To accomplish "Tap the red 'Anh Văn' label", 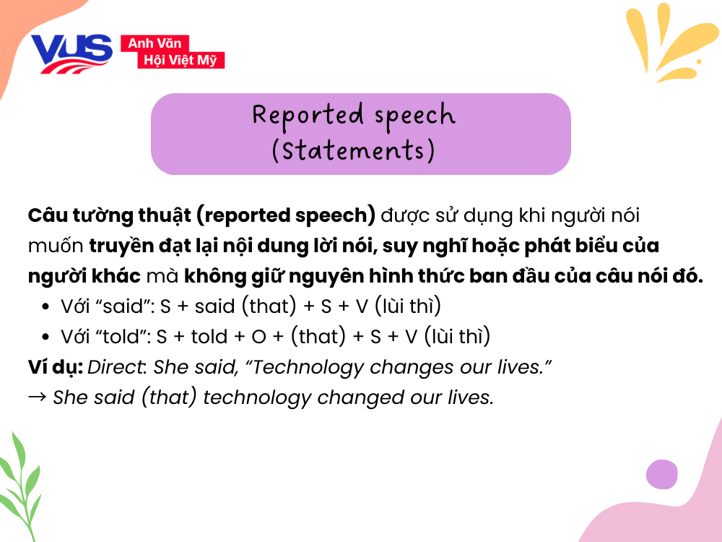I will point(155,43).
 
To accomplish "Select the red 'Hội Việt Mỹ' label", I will point(180,60).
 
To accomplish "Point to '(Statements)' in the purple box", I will point(353,151).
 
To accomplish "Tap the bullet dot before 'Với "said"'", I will point(45,307).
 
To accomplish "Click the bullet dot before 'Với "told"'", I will point(45,337).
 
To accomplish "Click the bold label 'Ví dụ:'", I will point(54,367).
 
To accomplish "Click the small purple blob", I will point(661,474).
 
